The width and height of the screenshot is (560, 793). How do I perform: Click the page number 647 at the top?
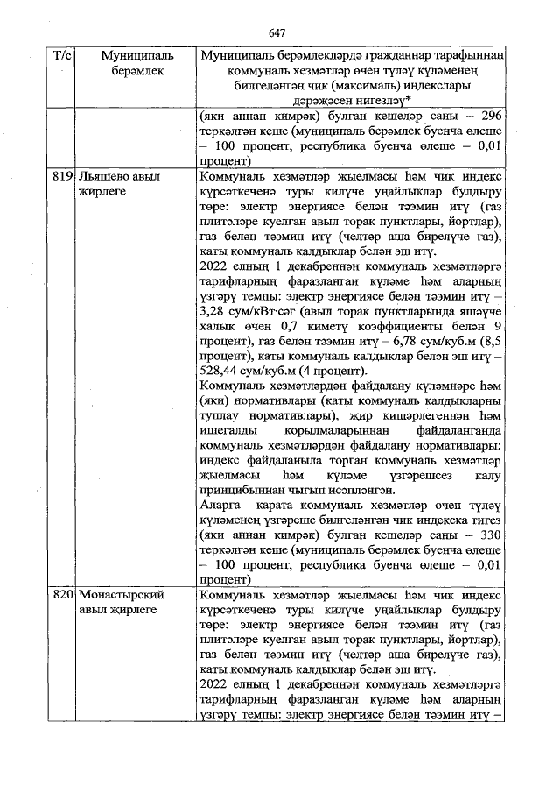(278, 32)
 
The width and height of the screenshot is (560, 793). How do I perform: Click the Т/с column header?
(62, 55)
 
